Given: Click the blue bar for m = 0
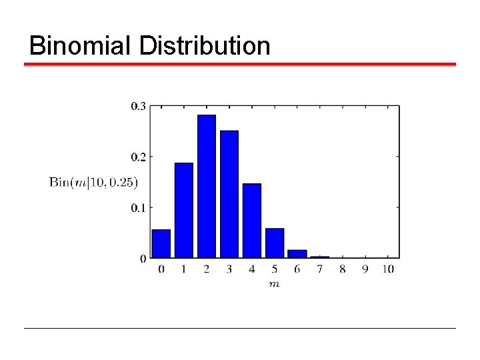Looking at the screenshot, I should click(161, 243).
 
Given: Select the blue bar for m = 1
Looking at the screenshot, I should click(184, 210).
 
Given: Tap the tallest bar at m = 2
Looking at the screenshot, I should click(207, 187).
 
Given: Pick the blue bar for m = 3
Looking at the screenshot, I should click(229, 194).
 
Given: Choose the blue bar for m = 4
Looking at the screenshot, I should click(252, 221).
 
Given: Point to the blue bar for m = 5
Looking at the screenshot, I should click(275, 243).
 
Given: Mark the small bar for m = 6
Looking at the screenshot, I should click(297, 254).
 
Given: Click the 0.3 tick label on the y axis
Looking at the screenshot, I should click(139, 105).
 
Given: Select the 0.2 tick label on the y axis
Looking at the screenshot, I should click(139, 157).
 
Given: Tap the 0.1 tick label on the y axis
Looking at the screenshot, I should click(139, 207).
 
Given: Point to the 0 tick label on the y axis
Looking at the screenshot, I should click(143, 258).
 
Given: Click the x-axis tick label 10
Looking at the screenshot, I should click(388, 269).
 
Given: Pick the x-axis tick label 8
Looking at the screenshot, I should click(343, 269).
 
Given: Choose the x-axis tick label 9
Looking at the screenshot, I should click(365, 269).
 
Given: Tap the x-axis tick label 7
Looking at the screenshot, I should click(320, 269).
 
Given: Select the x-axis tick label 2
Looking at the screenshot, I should click(207, 269).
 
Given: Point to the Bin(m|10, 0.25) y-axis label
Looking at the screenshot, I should click(93, 182).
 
